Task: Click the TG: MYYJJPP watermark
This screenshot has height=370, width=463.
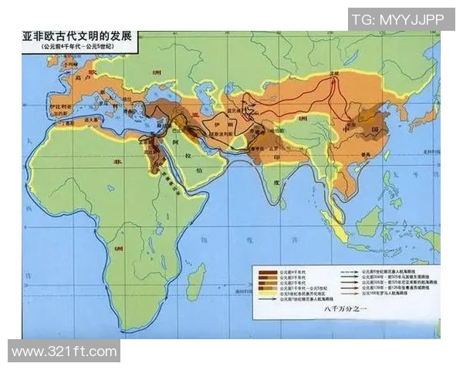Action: (x=401, y=19)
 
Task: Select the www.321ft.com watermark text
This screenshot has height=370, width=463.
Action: (x=64, y=351)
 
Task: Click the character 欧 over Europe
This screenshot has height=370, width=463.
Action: (x=93, y=69)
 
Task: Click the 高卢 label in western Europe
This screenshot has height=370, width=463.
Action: (x=75, y=79)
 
